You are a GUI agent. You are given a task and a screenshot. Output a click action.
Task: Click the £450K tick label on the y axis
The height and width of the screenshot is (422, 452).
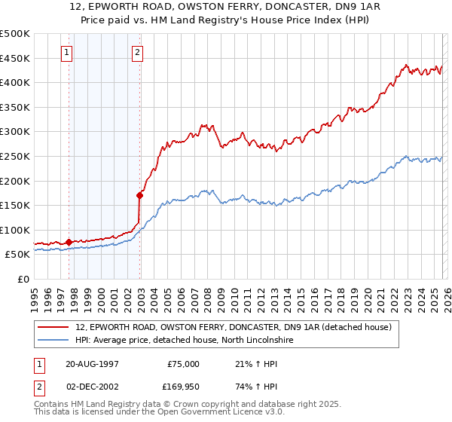(x=15, y=58)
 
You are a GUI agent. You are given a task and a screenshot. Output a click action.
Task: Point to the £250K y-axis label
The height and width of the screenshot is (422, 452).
(x=15, y=156)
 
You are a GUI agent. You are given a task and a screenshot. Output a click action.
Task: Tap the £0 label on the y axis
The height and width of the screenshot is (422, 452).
(x=23, y=279)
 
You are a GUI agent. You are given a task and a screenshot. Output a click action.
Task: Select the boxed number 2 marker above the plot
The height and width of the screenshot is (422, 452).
(x=139, y=53)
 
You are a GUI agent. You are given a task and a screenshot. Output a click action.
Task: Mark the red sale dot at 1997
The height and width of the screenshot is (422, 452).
(x=69, y=242)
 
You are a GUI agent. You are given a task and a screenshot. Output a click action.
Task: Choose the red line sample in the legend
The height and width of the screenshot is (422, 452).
(x=53, y=328)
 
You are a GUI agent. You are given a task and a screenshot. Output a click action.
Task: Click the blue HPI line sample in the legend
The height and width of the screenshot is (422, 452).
(x=53, y=341)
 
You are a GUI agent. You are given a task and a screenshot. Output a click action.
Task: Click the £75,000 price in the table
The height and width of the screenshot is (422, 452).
(x=182, y=364)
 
